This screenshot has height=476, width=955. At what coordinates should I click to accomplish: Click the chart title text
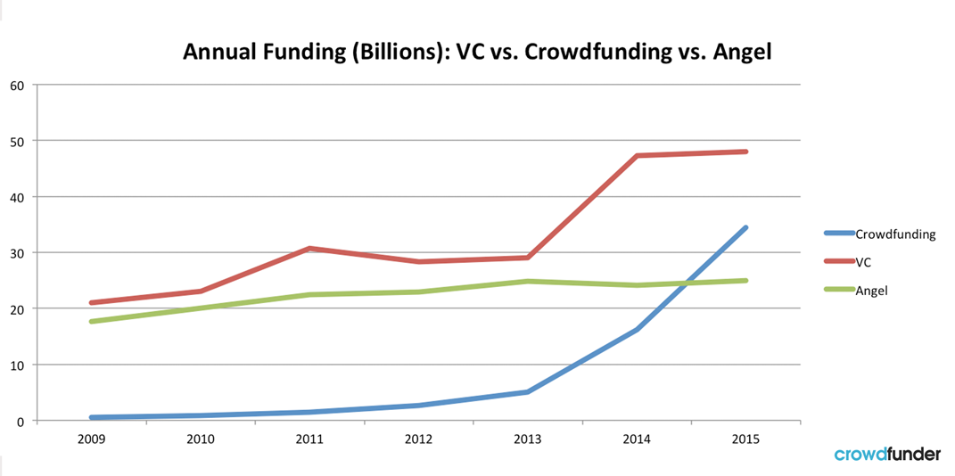(x=476, y=52)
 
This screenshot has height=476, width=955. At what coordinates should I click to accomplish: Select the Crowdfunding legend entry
(x=894, y=234)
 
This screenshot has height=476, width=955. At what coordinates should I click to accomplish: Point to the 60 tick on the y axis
(x=17, y=85)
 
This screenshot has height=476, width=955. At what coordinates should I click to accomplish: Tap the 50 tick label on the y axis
(x=17, y=141)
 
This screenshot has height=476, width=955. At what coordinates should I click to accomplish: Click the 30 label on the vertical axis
(x=17, y=252)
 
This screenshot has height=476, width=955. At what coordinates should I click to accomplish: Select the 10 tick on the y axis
(x=17, y=365)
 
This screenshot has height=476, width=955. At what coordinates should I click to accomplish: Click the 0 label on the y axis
(x=21, y=421)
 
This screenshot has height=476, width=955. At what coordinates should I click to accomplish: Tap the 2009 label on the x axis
(x=91, y=439)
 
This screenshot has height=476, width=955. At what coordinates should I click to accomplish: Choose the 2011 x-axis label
(x=309, y=439)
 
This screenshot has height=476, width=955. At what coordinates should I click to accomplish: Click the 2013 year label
(x=528, y=439)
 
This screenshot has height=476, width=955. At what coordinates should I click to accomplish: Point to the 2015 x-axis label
(x=745, y=439)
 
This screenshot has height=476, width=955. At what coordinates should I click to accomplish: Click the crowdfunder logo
(x=886, y=455)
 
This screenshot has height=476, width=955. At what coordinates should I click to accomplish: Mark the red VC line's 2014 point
(x=637, y=156)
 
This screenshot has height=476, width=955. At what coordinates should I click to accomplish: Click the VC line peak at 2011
(x=309, y=249)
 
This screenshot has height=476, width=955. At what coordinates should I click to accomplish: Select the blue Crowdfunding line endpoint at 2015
(x=745, y=228)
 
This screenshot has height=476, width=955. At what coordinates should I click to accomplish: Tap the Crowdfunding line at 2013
(x=528, y=391)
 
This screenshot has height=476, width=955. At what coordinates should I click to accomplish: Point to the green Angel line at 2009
(x=91, y=321)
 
